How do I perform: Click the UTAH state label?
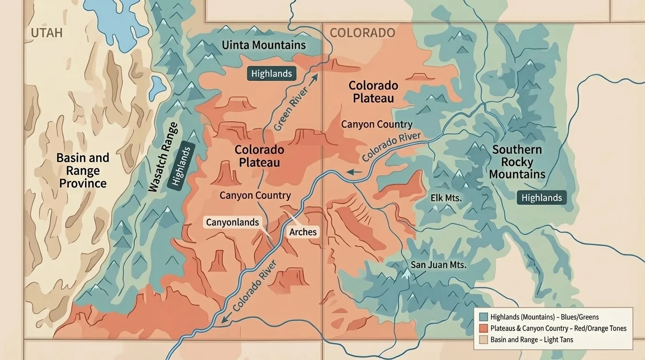[x=46, y=33]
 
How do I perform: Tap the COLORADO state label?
[x=362, y=33]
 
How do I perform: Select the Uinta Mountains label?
[x=263, y=45]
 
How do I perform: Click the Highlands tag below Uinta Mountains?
[x=271, y=74]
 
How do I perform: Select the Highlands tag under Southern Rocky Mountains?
[x=541, y=198]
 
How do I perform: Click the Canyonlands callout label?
[x=232, y=222]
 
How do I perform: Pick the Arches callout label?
[x=303, y=232]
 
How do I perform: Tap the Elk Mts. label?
[x=446, y=198]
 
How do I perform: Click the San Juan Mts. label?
[x=438, y=265]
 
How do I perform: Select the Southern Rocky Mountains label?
[x=517, y=162]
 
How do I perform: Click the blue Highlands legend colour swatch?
[x=484, y=317]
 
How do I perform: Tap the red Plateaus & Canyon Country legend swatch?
[x=484, y=329]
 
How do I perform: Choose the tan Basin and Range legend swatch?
[x=484, y=340]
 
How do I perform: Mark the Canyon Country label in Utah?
[x=255, y=195]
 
